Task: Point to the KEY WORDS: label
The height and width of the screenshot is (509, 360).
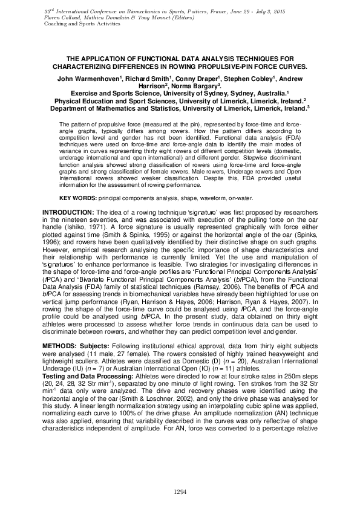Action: (79, 198)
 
